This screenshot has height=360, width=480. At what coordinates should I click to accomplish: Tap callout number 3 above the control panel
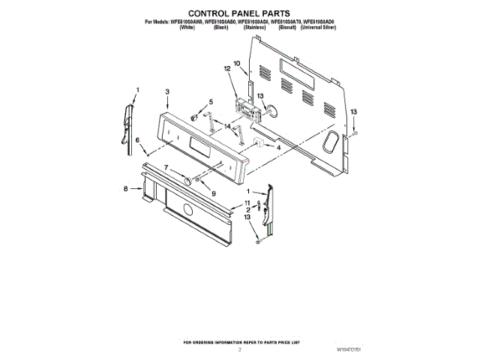coord(167,91)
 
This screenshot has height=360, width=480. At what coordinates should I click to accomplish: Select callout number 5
coord(211,101)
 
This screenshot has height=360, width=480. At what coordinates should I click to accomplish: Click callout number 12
coord(226,68)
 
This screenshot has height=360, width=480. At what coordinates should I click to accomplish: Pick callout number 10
coord(236,64)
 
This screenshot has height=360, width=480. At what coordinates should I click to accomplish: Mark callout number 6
coord(137,139)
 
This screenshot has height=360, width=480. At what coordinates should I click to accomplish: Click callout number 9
coord(213,193)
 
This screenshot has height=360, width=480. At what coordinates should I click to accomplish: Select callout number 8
coord(126,190)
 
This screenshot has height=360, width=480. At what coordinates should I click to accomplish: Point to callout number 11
coord(247,203)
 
